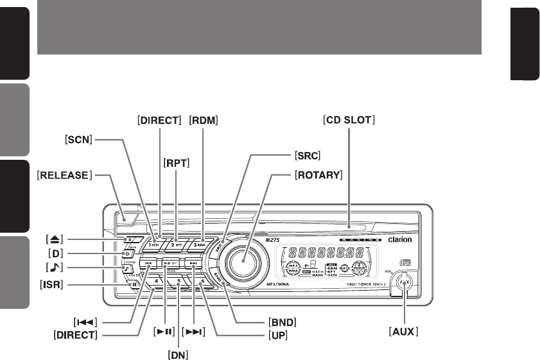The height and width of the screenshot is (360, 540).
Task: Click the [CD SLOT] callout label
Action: click(349, 119)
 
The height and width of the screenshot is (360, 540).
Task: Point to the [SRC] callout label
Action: click(309, 156)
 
